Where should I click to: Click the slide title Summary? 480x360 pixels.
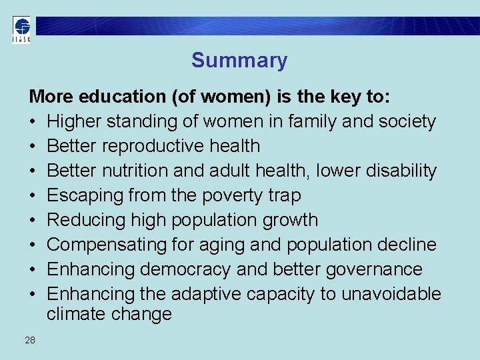239,61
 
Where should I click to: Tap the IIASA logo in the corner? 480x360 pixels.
21,30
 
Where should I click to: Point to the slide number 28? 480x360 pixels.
30,341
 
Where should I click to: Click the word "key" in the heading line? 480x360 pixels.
346,97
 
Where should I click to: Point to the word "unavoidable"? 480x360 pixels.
391,294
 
